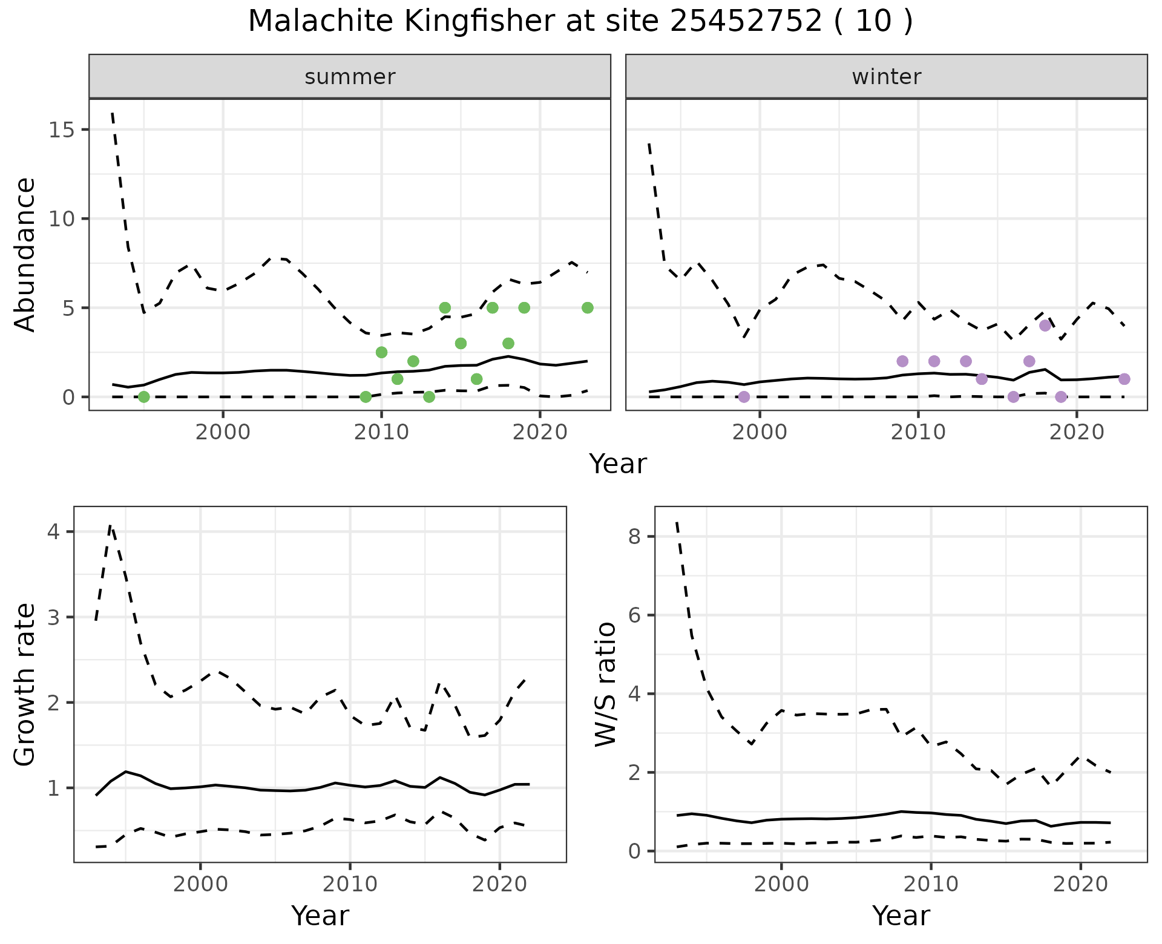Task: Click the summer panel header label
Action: [x=350, y=77]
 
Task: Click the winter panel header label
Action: [x=886, y=77]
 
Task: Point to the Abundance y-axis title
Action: [x=25, y=254]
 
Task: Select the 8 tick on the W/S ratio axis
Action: [x=635, y=537]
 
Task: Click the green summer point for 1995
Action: [x=143, y=397]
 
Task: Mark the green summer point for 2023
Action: [x=587, y=307]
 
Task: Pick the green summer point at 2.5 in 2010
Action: [x=381, y=352]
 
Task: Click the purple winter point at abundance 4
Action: [x=1045, y=326]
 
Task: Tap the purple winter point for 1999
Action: [x=744, y=397]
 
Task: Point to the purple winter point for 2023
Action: [x=1124, y=379]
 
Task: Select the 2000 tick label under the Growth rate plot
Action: [x=200, y=884]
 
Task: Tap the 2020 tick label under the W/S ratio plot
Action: [x=1080, y=884]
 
